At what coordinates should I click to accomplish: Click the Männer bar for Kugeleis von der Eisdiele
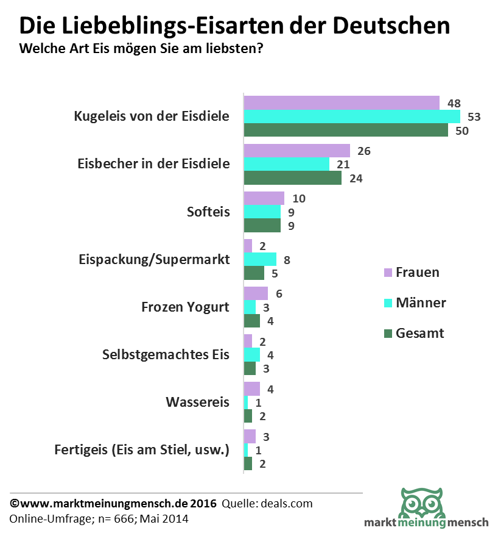pos(352,116)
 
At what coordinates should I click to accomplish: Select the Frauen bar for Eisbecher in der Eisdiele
pos(296,151)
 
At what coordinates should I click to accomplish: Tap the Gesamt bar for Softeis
pos(262,226)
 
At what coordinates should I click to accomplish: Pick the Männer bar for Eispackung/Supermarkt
pos(260,259)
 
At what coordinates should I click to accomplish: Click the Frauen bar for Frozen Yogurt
pos(256,293)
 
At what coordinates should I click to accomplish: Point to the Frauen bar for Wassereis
pos(251,388)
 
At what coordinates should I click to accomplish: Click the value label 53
pos(474,116)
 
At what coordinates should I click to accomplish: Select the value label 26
pos(364,151)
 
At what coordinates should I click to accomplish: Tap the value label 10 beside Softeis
pos(298,198)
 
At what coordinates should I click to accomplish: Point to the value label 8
pos(287,259)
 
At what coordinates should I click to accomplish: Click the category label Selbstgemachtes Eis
pos(166,354)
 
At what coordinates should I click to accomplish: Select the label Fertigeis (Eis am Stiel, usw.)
pos(141,451)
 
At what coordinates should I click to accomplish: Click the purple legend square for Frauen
pos(387,273)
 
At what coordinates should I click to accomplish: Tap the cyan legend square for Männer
pos(387,303)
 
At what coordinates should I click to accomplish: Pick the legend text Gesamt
pos(419,333)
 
